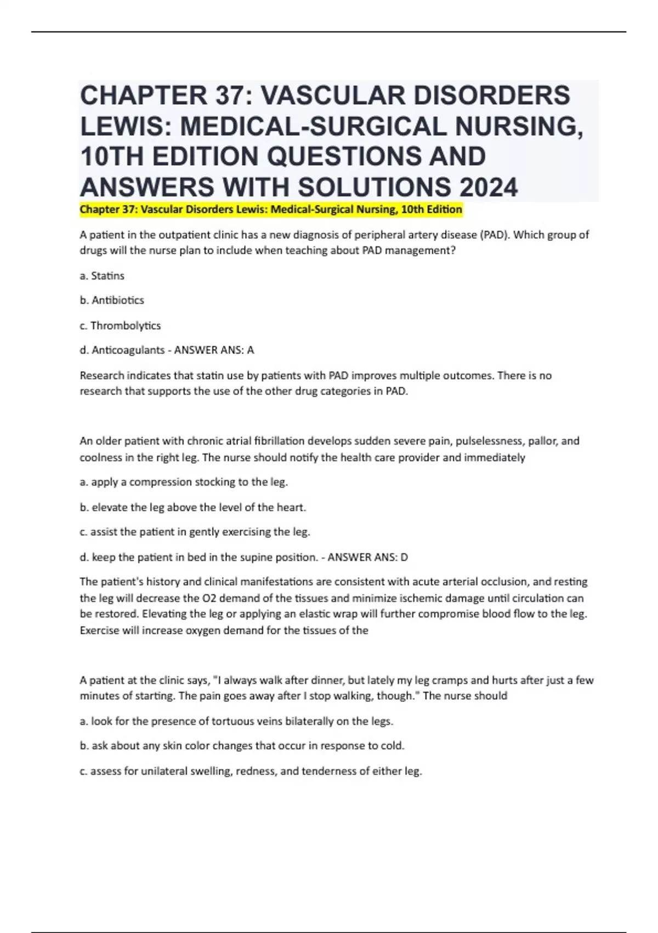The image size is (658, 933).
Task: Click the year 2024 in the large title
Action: (489, 187)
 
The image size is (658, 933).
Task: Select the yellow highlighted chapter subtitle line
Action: (271, 210)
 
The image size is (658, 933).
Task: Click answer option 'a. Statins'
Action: (102, 276)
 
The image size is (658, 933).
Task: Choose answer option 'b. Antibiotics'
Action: (112, 300)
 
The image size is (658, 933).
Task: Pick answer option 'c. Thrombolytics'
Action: (120, 325)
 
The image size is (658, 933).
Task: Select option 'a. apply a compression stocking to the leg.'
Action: (184, 482)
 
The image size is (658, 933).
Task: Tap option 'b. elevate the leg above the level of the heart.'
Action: (193, 508)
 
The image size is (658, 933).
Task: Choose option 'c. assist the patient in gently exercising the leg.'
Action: (195, 532)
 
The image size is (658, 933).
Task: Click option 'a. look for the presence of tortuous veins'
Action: (236, 721)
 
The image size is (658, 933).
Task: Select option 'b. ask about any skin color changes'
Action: (242, 746)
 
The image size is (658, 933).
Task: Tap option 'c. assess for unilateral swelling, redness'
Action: (251, 771)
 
